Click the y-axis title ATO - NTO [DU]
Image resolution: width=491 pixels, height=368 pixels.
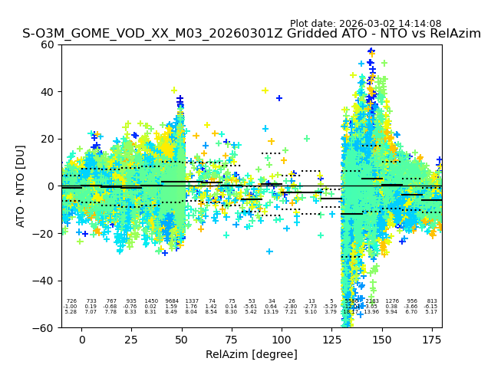[21, 186]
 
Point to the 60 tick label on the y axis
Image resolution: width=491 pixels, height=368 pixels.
[47, 44]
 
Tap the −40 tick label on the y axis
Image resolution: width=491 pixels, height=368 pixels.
[44, 281]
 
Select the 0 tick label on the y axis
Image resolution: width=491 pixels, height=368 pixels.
[51, 186]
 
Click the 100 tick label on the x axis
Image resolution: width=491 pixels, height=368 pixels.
[282, 340]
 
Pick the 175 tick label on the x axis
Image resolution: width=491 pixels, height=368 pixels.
[432, 340]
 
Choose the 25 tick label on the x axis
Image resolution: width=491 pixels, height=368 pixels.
[132, 340]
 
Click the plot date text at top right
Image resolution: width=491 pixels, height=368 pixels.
[365, 24]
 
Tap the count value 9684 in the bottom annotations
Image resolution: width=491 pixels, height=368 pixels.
[171, 301]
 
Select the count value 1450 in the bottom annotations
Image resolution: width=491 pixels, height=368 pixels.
[151, 301]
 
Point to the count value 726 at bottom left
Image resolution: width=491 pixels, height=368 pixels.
[71, 301]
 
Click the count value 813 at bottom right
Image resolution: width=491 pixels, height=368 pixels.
[432, 301]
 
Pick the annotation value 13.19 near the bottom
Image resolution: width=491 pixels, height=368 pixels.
[272, 312]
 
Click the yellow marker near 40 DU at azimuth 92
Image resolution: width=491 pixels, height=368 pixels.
[265, 90]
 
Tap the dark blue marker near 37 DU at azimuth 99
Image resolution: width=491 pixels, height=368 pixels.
[279, 98]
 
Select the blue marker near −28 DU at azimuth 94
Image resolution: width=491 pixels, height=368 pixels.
[269, 251]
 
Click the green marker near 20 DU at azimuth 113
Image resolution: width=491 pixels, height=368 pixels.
[307, 139]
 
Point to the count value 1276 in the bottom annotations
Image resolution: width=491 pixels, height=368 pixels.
[392, 301]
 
